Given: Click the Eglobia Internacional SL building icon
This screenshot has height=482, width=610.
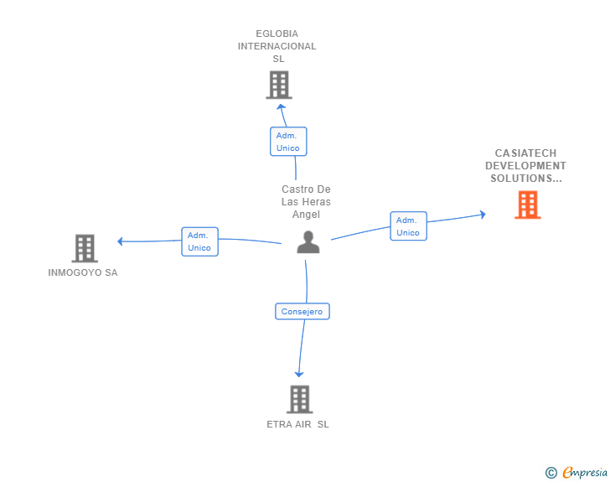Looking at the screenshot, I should pos(278,85).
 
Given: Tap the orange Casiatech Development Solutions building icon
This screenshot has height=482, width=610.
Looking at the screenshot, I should pos(527,205).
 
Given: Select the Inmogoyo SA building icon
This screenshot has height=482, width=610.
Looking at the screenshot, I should pos(85,248).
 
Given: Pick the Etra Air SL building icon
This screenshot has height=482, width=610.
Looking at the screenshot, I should pos(299,399).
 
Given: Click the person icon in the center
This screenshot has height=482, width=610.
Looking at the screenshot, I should pos(308,242).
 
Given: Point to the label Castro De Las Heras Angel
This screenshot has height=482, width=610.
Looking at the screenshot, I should pos(306,202).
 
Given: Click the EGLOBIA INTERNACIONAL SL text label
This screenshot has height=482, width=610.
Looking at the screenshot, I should pos(277,46).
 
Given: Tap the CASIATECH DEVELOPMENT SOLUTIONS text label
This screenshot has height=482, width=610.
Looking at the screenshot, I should pos(525,166).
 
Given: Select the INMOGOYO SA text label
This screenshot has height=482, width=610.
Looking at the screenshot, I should pos(83,272).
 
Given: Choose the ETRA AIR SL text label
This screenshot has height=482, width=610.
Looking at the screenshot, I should pos(297,424).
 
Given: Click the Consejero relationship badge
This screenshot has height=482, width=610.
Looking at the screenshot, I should pos(302,312).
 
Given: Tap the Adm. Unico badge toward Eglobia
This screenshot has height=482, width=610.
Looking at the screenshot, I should pos(287,142).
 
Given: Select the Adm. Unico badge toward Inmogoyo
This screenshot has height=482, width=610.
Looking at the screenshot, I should pos(199,241).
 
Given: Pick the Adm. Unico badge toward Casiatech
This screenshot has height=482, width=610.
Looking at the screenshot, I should pos(408,226).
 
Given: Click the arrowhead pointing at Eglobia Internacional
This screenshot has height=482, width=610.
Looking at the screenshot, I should pos(282,106).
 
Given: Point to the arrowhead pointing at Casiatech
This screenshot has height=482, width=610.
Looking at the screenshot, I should pos(482,215).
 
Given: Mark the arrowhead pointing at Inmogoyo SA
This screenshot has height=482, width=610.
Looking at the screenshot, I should pos(121,241).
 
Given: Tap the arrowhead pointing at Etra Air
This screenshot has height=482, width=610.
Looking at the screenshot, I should pos(298,374).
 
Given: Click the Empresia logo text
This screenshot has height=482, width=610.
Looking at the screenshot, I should pos(584,473).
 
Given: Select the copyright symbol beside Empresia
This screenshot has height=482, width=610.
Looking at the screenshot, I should pos(551,473).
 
